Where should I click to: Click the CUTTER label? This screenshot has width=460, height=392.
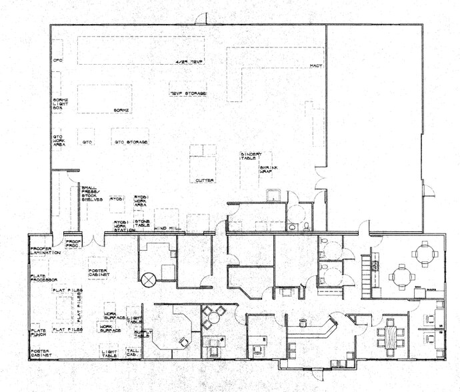(203, 181)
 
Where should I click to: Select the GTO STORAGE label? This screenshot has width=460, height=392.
(131, 142)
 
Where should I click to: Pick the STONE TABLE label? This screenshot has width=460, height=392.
(142, 223)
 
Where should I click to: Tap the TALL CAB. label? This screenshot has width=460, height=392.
(132, 353)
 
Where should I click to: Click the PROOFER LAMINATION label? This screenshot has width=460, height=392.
(45, 251)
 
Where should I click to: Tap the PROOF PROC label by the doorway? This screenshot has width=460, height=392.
(71, 243)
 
